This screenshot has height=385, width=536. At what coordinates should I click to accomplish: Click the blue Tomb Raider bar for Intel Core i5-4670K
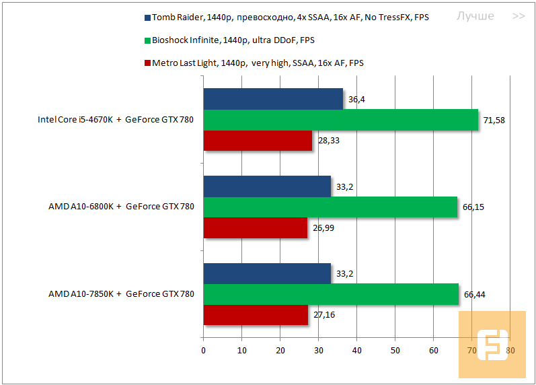(x=272, y=99)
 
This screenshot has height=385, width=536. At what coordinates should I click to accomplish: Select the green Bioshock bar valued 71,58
(x=340, y=120)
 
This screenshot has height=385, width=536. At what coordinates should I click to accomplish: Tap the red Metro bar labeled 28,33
(x=258, y=141)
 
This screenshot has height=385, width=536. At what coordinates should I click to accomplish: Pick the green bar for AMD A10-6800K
(x=330, y=207)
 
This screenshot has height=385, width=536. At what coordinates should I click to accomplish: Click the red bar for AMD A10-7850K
(x=255, y=315)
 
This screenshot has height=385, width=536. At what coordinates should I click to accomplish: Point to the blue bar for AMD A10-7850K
(x=267, y=273)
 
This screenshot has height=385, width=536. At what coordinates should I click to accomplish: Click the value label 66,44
(x=474, y=294)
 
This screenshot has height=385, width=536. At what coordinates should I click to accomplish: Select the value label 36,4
(x=356, y=100)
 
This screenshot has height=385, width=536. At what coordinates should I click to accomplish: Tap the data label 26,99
(x=323, y=228)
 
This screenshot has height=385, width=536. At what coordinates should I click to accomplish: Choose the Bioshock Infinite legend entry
(x=233, y=40)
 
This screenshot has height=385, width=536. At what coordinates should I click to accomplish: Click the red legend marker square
(x=147, y=63)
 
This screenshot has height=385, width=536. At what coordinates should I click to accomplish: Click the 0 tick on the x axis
(x=203, y=350)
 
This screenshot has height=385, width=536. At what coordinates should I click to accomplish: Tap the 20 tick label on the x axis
(x=280, y=350)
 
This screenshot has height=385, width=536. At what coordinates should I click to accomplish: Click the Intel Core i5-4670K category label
(x=115, y=120)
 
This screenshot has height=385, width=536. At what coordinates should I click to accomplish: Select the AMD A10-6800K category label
(x=121, y=207)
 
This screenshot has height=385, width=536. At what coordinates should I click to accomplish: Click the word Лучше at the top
(x=475, y=16)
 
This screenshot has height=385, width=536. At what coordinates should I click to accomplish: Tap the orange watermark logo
(x=492, y=344)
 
